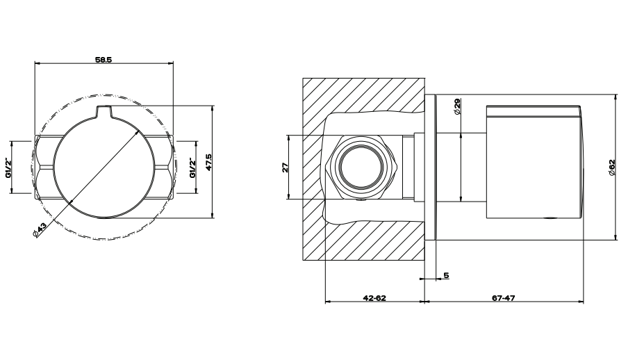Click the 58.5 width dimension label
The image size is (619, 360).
[x=104, y=60]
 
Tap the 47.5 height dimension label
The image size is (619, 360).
[x=209, y=162]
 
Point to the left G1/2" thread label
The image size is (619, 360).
[x=8, y=167]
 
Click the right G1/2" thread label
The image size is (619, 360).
[x=192, y=167]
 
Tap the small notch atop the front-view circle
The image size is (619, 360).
[x=104, y=112]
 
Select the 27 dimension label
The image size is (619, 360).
[x=286, y=167]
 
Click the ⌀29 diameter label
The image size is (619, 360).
[x=457, y=106]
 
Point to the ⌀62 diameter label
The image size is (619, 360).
[x=611, y=167]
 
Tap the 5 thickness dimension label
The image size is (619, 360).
[x=446, y=275]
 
